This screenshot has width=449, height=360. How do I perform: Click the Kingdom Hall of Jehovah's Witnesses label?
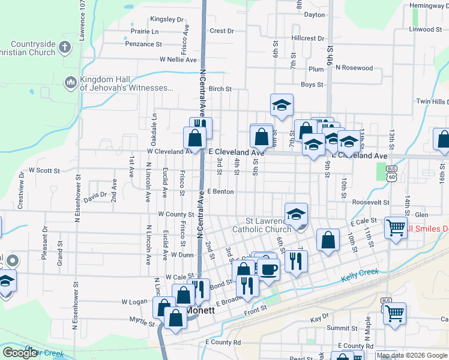pos(126,84)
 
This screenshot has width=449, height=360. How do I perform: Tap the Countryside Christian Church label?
pos(40,48)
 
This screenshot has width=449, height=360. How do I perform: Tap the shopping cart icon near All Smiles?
pos(396,227)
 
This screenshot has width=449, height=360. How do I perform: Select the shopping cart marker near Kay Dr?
pos(394,311)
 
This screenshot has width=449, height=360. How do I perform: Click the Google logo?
pos(20,353)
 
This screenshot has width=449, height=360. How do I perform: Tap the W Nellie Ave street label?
pos(178,60)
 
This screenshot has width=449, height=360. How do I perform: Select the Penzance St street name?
pos(143,44)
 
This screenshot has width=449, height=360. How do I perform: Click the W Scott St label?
pos(44,170)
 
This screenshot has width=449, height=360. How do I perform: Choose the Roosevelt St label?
pos(371,203)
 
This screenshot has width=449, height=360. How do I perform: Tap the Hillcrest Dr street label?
pos(307,38)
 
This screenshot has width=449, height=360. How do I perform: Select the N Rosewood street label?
pos(354,68)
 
